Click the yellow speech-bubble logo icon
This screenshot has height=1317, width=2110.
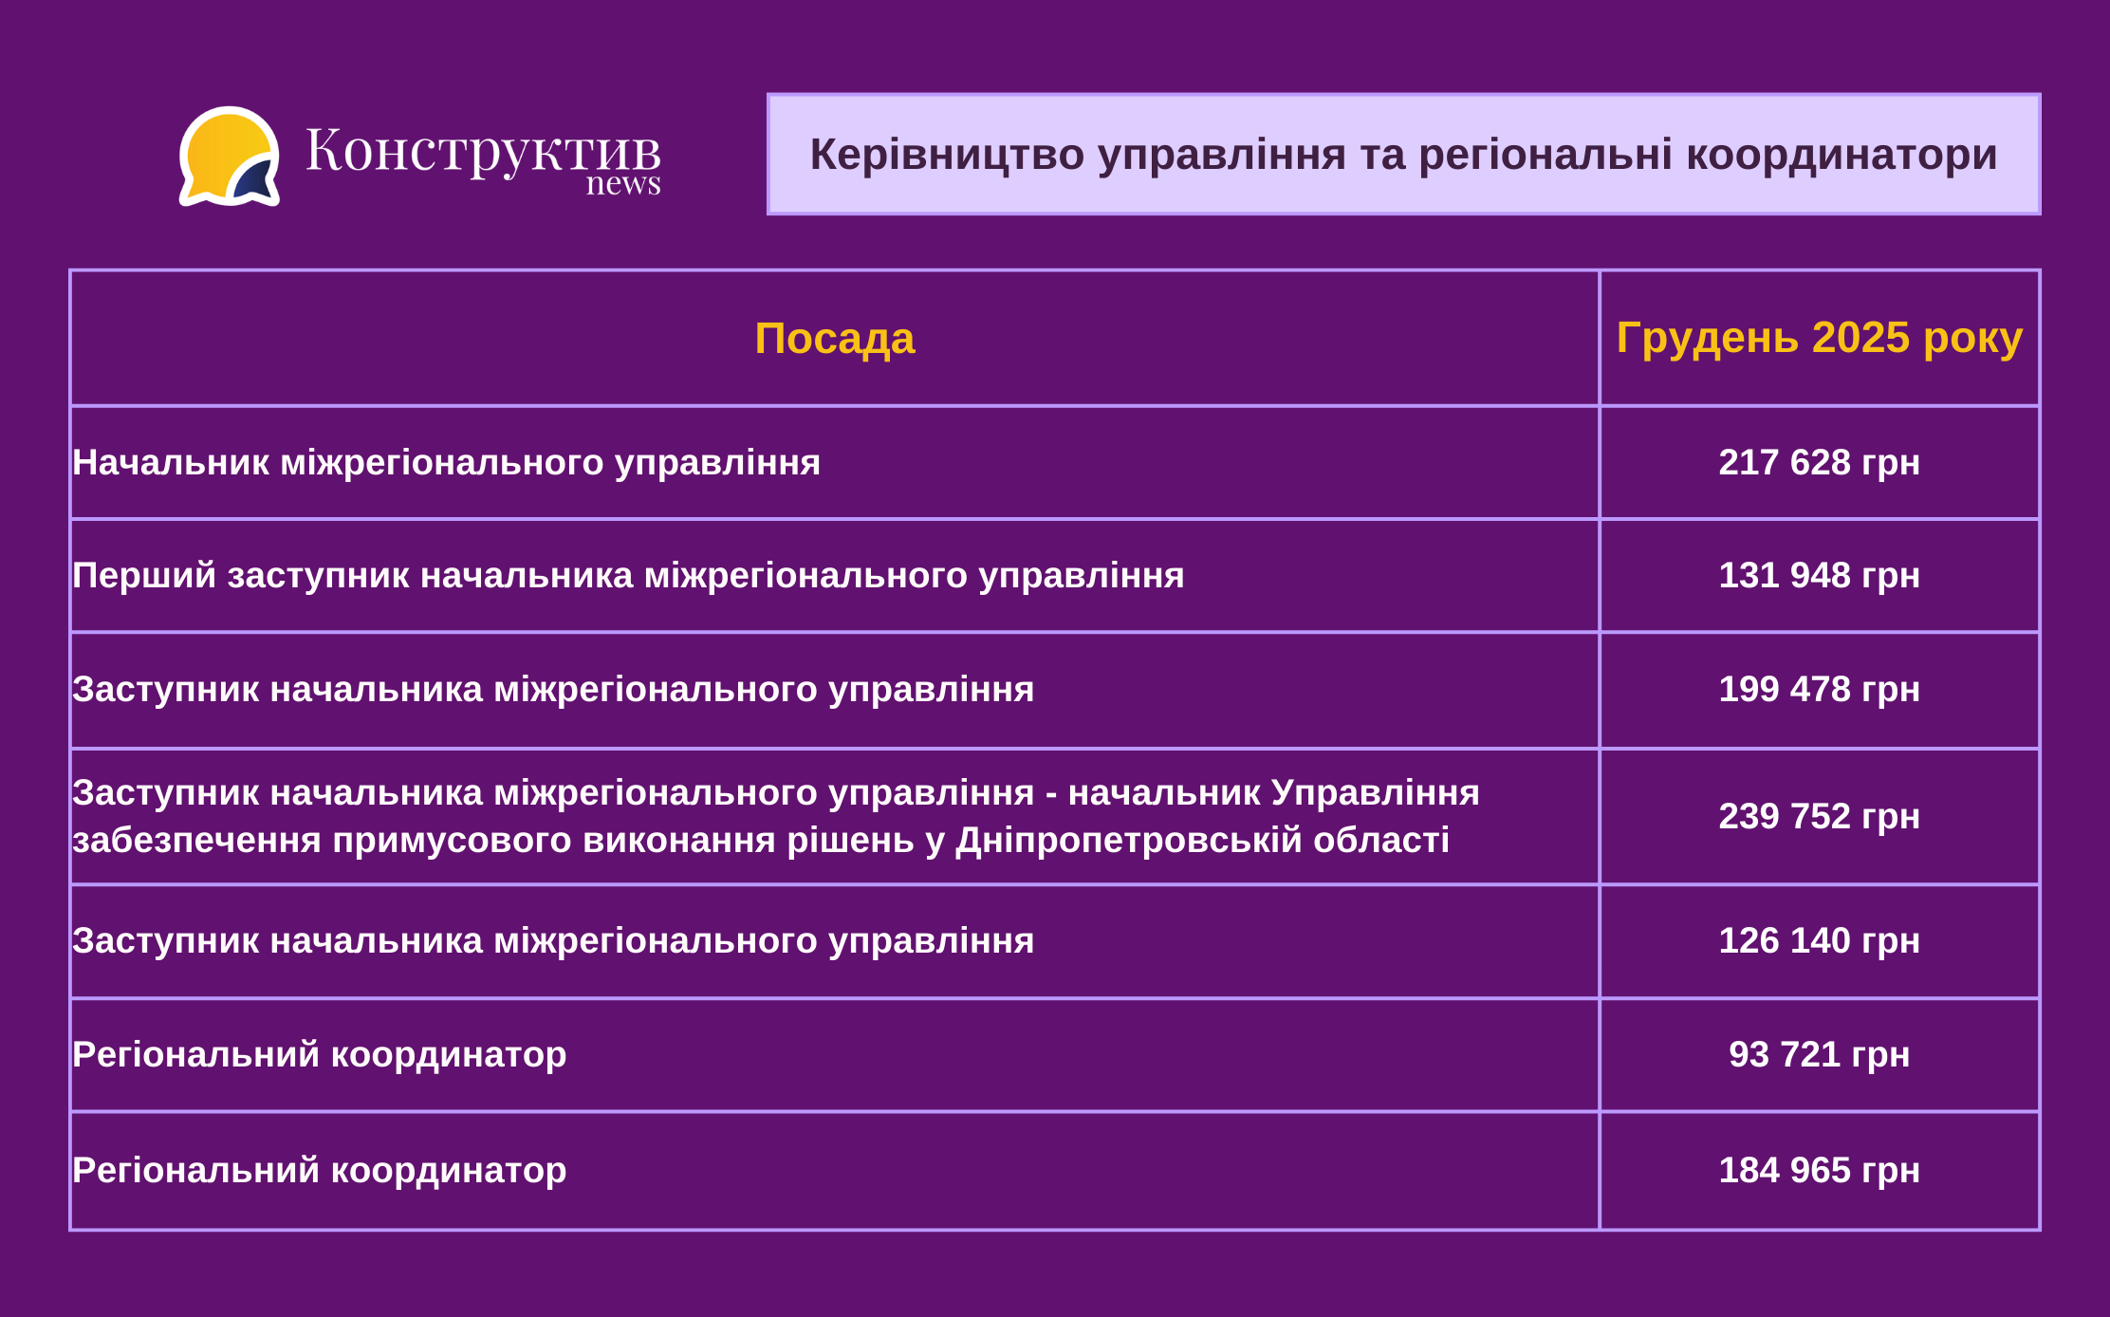pyautogui.click(x=230, y=157)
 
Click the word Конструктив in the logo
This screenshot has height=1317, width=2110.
pyautogui.click(x=483, y=152)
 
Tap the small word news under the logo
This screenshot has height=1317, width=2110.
pyautogui.click(x=623, y=184)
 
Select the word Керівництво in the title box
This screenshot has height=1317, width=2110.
pyautogui.click(x=947, y=155)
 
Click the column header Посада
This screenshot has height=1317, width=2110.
pyautogui.click(x=835, y=339)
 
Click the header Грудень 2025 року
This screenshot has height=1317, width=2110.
pyautogui.click(x=1820, y=339)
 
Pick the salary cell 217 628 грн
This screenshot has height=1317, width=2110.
pyautogui.click(x=1820, y=462)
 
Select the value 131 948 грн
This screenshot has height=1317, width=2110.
pyautogui.click(x=1820, y=575)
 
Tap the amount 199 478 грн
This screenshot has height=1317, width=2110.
pyautogui.click(x=1820, y=689)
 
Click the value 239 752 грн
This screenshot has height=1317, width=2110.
pyautogui.click(x=1820, y=816)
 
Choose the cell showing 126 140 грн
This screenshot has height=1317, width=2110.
pyautogui.click(x=1820, y=940)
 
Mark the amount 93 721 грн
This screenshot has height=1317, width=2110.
pyautogui.click(x=1820, y=1054)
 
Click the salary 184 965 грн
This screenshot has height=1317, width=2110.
pyautogui.click(x=1820, y=1170)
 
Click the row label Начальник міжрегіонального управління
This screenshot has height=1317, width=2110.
pyautogui.click(x=447, y=463)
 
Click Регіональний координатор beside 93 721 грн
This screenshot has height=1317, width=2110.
pyautogui.click(x=320, y=1055)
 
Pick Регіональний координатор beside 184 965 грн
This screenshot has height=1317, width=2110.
pyautogui.click(x=320, y=1171)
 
